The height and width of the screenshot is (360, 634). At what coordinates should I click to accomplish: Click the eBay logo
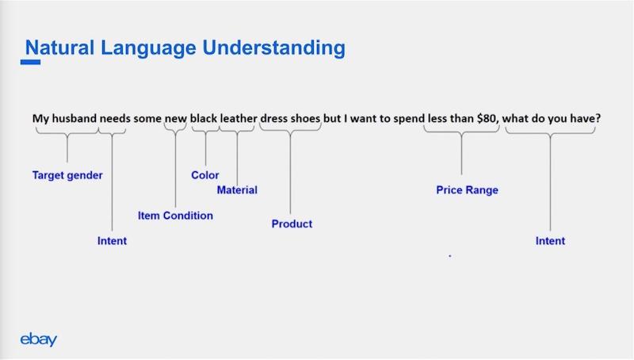38,339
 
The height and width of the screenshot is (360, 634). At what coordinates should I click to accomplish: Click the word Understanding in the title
273,48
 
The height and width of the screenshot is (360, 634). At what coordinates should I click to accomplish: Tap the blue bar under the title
30,62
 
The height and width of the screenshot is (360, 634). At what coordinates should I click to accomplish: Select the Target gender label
67,175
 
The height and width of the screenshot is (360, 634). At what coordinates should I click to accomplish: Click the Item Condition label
175,215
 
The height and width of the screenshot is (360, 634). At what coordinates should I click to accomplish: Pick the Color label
205,174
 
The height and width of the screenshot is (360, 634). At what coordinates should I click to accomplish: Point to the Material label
237,190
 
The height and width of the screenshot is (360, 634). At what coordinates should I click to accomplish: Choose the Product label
292,224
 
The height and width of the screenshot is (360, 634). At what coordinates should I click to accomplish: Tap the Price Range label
467,190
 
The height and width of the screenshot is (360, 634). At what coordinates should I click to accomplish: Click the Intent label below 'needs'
112,241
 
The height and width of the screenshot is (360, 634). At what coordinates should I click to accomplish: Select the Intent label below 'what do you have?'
550,241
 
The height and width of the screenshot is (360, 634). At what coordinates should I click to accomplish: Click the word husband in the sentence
74,118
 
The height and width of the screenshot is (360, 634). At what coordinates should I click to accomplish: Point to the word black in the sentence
204,118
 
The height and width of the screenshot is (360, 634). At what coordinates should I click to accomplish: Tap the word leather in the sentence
239,118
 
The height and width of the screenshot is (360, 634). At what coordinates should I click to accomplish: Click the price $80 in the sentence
487,118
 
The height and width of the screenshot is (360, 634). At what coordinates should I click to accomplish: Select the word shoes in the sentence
305,118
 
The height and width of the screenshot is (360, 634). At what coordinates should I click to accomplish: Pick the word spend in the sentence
409,119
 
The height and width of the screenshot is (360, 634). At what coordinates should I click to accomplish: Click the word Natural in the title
60,48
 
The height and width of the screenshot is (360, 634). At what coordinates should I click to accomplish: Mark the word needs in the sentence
115,118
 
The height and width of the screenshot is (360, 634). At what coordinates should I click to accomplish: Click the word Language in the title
148,48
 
